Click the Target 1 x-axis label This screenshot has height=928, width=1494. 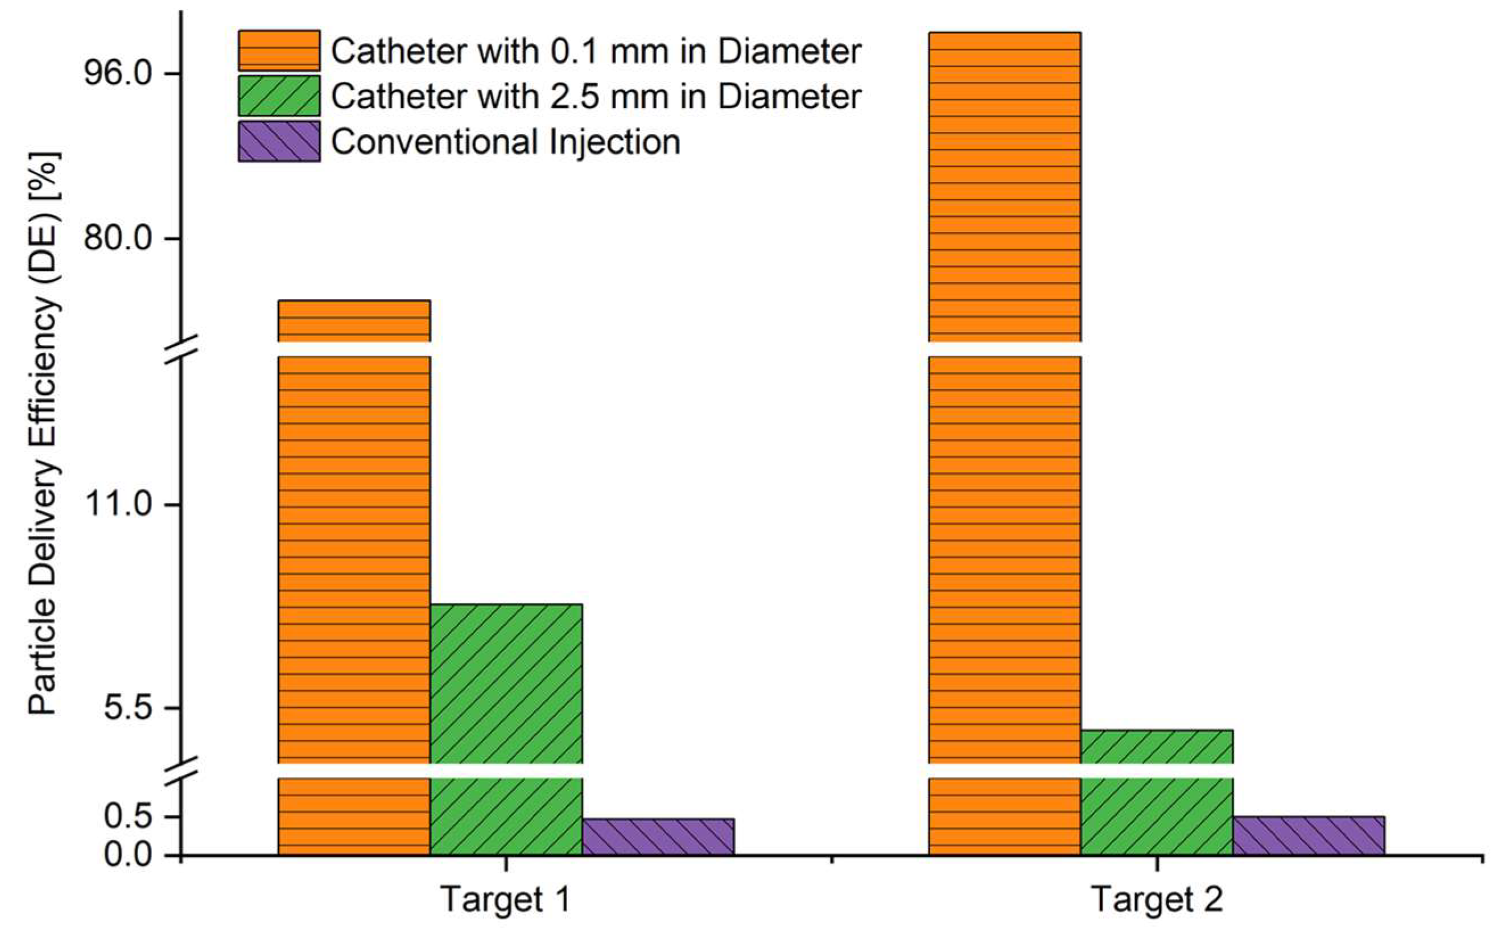(506, 900)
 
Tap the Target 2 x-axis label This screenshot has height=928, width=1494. (1157, 900)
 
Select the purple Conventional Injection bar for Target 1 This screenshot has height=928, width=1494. (658, 836)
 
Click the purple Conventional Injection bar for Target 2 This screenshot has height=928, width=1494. (1308, 835)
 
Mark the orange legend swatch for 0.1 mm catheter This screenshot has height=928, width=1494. (279, 50)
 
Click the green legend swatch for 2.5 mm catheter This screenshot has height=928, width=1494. (279, 96)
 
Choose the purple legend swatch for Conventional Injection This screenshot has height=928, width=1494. (279, 141)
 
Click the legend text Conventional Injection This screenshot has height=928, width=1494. (506, 142)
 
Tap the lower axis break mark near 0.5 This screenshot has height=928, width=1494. (182, 771)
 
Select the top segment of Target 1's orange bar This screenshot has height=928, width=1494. (354, 320)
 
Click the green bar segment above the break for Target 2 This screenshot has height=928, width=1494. (1157, 746)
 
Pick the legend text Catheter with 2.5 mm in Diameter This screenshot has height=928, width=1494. (596, 96)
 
